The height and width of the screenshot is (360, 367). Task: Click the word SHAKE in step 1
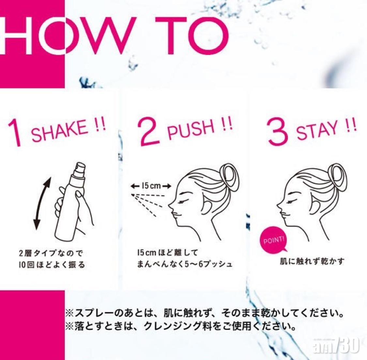pyautogui.click(x=59, y=131)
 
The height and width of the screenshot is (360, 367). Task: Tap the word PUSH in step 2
pyautogui.click(x=191, y=130)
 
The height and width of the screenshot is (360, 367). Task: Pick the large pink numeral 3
pyautogui.click(x=277, y=132)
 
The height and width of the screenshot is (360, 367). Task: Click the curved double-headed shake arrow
pyautogui.click(x=42, y=203)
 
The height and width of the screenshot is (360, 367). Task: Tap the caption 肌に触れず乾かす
pyautogui.click(x=312, y=261)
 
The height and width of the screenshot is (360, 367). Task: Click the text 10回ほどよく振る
pyautogui.click(x=52, y=265)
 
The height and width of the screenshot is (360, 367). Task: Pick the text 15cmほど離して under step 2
pyautogui.click(x=168, y=253)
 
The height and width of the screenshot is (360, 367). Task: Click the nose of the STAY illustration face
pyautogui.click(x=279, y=206)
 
